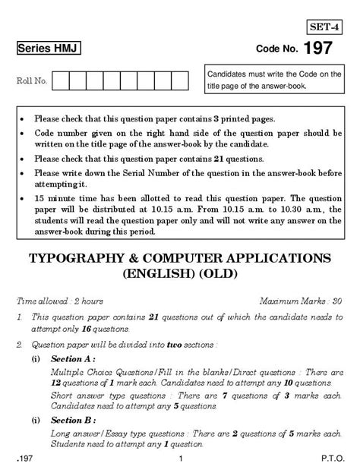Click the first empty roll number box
62,80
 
